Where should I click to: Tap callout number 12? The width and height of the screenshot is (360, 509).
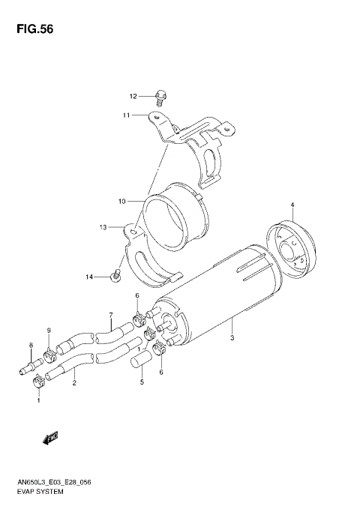coord(133,96)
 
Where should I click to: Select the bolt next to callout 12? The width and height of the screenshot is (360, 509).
coord(160,95)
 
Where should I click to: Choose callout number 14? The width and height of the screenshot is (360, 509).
coord(88,277)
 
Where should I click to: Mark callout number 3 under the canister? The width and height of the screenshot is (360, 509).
coord(233,340)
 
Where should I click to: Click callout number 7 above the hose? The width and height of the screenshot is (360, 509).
coord(110,315)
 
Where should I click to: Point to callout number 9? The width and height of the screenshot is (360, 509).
coord(49,331)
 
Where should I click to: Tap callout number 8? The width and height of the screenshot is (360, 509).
coord(31,345)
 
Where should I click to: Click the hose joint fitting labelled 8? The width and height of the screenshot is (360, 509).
coord(27,368)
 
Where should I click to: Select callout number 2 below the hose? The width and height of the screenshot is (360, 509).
coord(74,383)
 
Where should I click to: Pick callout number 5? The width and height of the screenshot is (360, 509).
coord(141,382)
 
